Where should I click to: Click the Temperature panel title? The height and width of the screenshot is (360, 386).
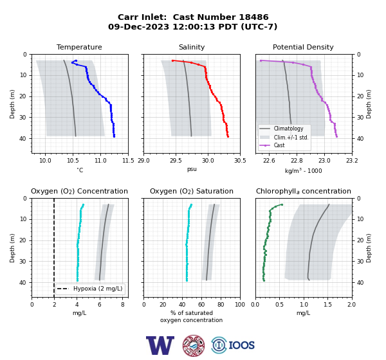click(79, 47)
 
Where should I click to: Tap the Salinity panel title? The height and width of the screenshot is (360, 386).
click(192, 47)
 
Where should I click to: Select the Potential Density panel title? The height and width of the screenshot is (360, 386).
click(303, 47)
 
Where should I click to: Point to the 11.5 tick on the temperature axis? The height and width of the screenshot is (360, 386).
click(128, 161)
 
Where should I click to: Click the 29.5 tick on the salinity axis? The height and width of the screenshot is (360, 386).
click(176, 161)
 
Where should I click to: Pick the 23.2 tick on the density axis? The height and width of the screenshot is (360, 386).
click(352, 161)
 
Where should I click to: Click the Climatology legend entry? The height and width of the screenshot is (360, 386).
click(288, 129)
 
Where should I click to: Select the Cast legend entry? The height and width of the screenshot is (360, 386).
click(279, 145)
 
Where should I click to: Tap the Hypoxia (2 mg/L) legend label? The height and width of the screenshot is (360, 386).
click(98, 289)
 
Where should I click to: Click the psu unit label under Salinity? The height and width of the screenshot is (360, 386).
click(192, 169)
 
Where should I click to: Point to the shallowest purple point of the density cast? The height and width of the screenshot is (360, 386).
click(261, 60)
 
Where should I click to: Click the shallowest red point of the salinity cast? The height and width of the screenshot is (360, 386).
click(173, 60)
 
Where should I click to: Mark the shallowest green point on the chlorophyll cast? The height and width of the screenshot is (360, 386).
click(282, 204)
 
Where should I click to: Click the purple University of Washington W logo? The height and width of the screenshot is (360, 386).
click(160, 345)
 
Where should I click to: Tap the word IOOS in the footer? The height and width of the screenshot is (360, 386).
click(241, 345)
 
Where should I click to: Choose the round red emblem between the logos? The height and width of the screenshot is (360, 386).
click(194, 345)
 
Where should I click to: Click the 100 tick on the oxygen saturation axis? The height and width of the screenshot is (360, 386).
click(240, 305)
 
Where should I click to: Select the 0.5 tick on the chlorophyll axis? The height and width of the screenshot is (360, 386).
click(279, 305)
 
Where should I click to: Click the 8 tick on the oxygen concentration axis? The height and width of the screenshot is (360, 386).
click(123, 305)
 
